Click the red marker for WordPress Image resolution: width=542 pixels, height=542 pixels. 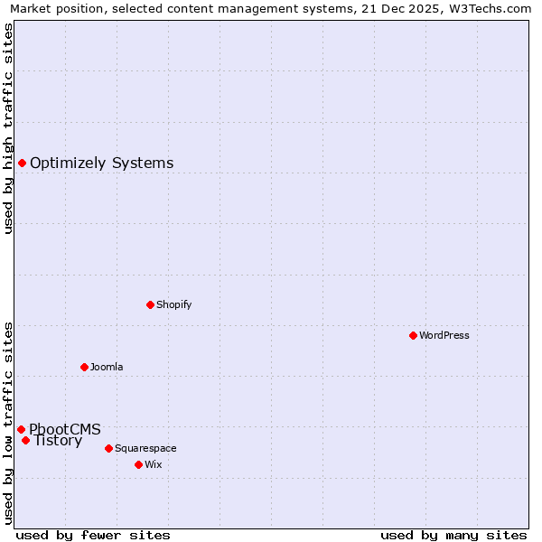click(x=413, y=335)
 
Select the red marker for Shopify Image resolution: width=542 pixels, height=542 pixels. click(x=150, y=304)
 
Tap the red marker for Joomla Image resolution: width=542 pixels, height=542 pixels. click(x=84, y=367)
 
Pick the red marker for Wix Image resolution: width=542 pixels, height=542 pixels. click(x=138, y=464)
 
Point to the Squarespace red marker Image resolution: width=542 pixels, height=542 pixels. click(x=108, y=448)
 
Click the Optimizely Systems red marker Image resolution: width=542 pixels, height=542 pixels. click(x=22, y=163)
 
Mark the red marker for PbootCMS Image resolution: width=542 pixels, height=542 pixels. click(x=21, y=429)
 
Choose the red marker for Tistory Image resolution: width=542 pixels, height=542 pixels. click(x=25, y=440)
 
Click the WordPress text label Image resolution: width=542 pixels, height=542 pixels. click(x=444, y=335)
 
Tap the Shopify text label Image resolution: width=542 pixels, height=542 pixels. click(x=174, y=304)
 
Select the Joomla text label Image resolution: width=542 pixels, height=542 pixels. click(x=107, y=367)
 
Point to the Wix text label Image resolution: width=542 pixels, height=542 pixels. click(x=153, y=464)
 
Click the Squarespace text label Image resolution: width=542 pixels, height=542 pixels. click(x=145, y=448)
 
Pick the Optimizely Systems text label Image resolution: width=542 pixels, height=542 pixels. click(x=102, y=163)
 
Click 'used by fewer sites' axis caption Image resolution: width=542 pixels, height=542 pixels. click(x=93, y=535)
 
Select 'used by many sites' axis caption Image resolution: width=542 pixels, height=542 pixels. click(x=453, y=535)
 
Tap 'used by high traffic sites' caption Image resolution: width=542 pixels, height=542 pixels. click(x=8, y=128)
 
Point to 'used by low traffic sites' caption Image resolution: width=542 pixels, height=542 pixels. click(x=8, y=422)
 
